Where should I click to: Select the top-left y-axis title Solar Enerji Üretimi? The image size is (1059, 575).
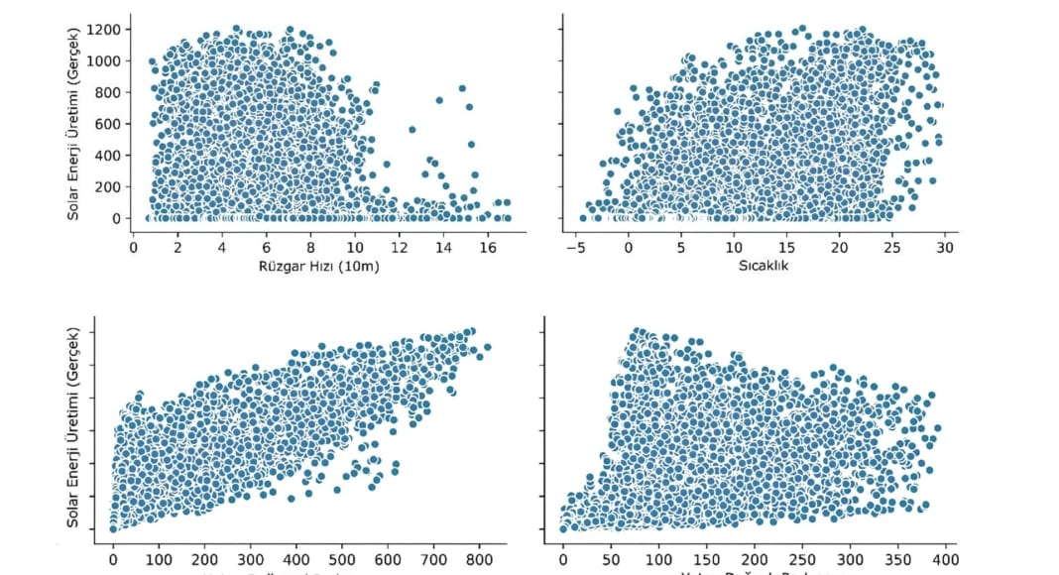(75, 122)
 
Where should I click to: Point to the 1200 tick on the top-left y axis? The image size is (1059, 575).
(111, 30)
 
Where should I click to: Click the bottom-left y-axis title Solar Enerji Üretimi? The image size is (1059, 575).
(75, 428)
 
